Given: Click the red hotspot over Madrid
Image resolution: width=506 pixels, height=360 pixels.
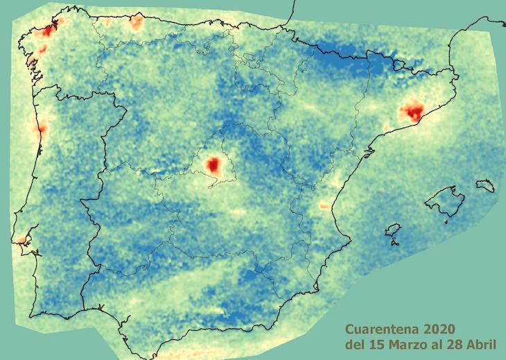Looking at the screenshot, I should [x=213, y=164].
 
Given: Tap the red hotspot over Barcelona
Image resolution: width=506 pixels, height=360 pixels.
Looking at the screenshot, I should [x=414, y=110].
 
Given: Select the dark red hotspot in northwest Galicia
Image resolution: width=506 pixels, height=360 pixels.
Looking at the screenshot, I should [x=47, y=31].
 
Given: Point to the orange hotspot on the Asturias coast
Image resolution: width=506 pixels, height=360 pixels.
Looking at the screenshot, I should [x=136, y=22].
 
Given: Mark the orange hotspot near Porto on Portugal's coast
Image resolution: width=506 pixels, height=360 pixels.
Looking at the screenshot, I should [x=42, y=128].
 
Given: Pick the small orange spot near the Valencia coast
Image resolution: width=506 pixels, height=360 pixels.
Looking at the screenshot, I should [x=324, y=205].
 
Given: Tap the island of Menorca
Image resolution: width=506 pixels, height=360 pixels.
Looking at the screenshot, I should [x=485, y=185].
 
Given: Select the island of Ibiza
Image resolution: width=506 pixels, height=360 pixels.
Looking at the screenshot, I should [x=393, y=230].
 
